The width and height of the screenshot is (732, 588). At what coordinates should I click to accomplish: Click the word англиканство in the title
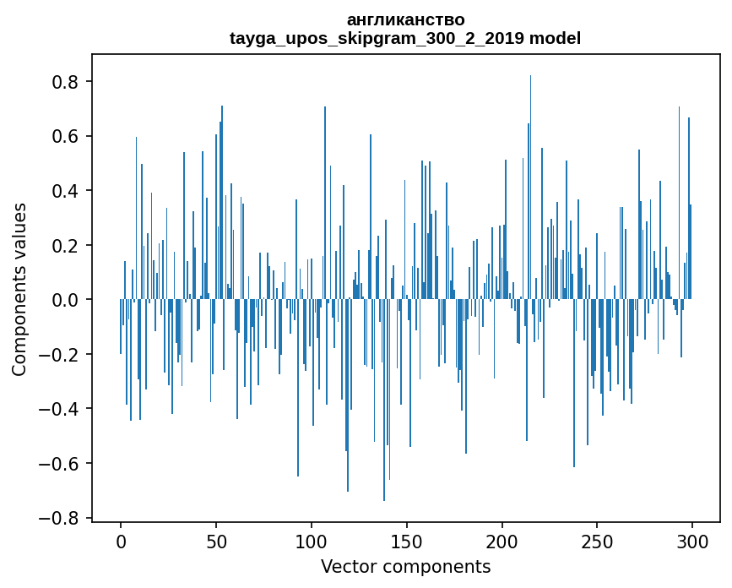click(405, 19)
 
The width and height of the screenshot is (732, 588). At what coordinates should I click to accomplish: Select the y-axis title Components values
click(19, 289)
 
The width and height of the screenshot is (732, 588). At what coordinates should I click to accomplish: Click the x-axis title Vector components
click(405, 566)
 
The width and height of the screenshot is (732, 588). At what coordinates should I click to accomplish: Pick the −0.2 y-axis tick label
click(61, 355)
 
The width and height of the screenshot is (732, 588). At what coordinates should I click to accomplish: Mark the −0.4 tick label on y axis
click(61, 409)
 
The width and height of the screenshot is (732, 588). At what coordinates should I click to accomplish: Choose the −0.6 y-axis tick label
click(61, 464)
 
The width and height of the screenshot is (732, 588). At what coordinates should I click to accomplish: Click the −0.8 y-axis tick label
click(61, 518)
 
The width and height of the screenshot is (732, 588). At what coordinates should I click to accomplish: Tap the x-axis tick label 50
click(216, 540)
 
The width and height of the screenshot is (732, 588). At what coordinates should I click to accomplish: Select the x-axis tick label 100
click(312, 540)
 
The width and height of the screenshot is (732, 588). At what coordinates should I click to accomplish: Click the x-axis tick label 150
click(407, 540)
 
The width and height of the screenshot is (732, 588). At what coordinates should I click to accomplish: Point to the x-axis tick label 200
click(502, 540)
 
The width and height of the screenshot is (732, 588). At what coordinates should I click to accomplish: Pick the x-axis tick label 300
click(692, 540)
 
